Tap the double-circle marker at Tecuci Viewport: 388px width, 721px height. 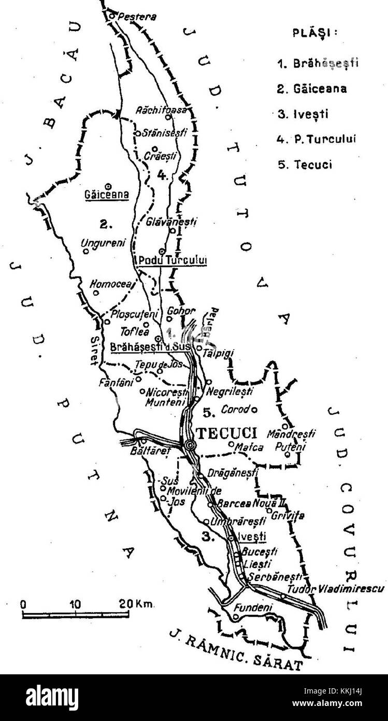[190, 445]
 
